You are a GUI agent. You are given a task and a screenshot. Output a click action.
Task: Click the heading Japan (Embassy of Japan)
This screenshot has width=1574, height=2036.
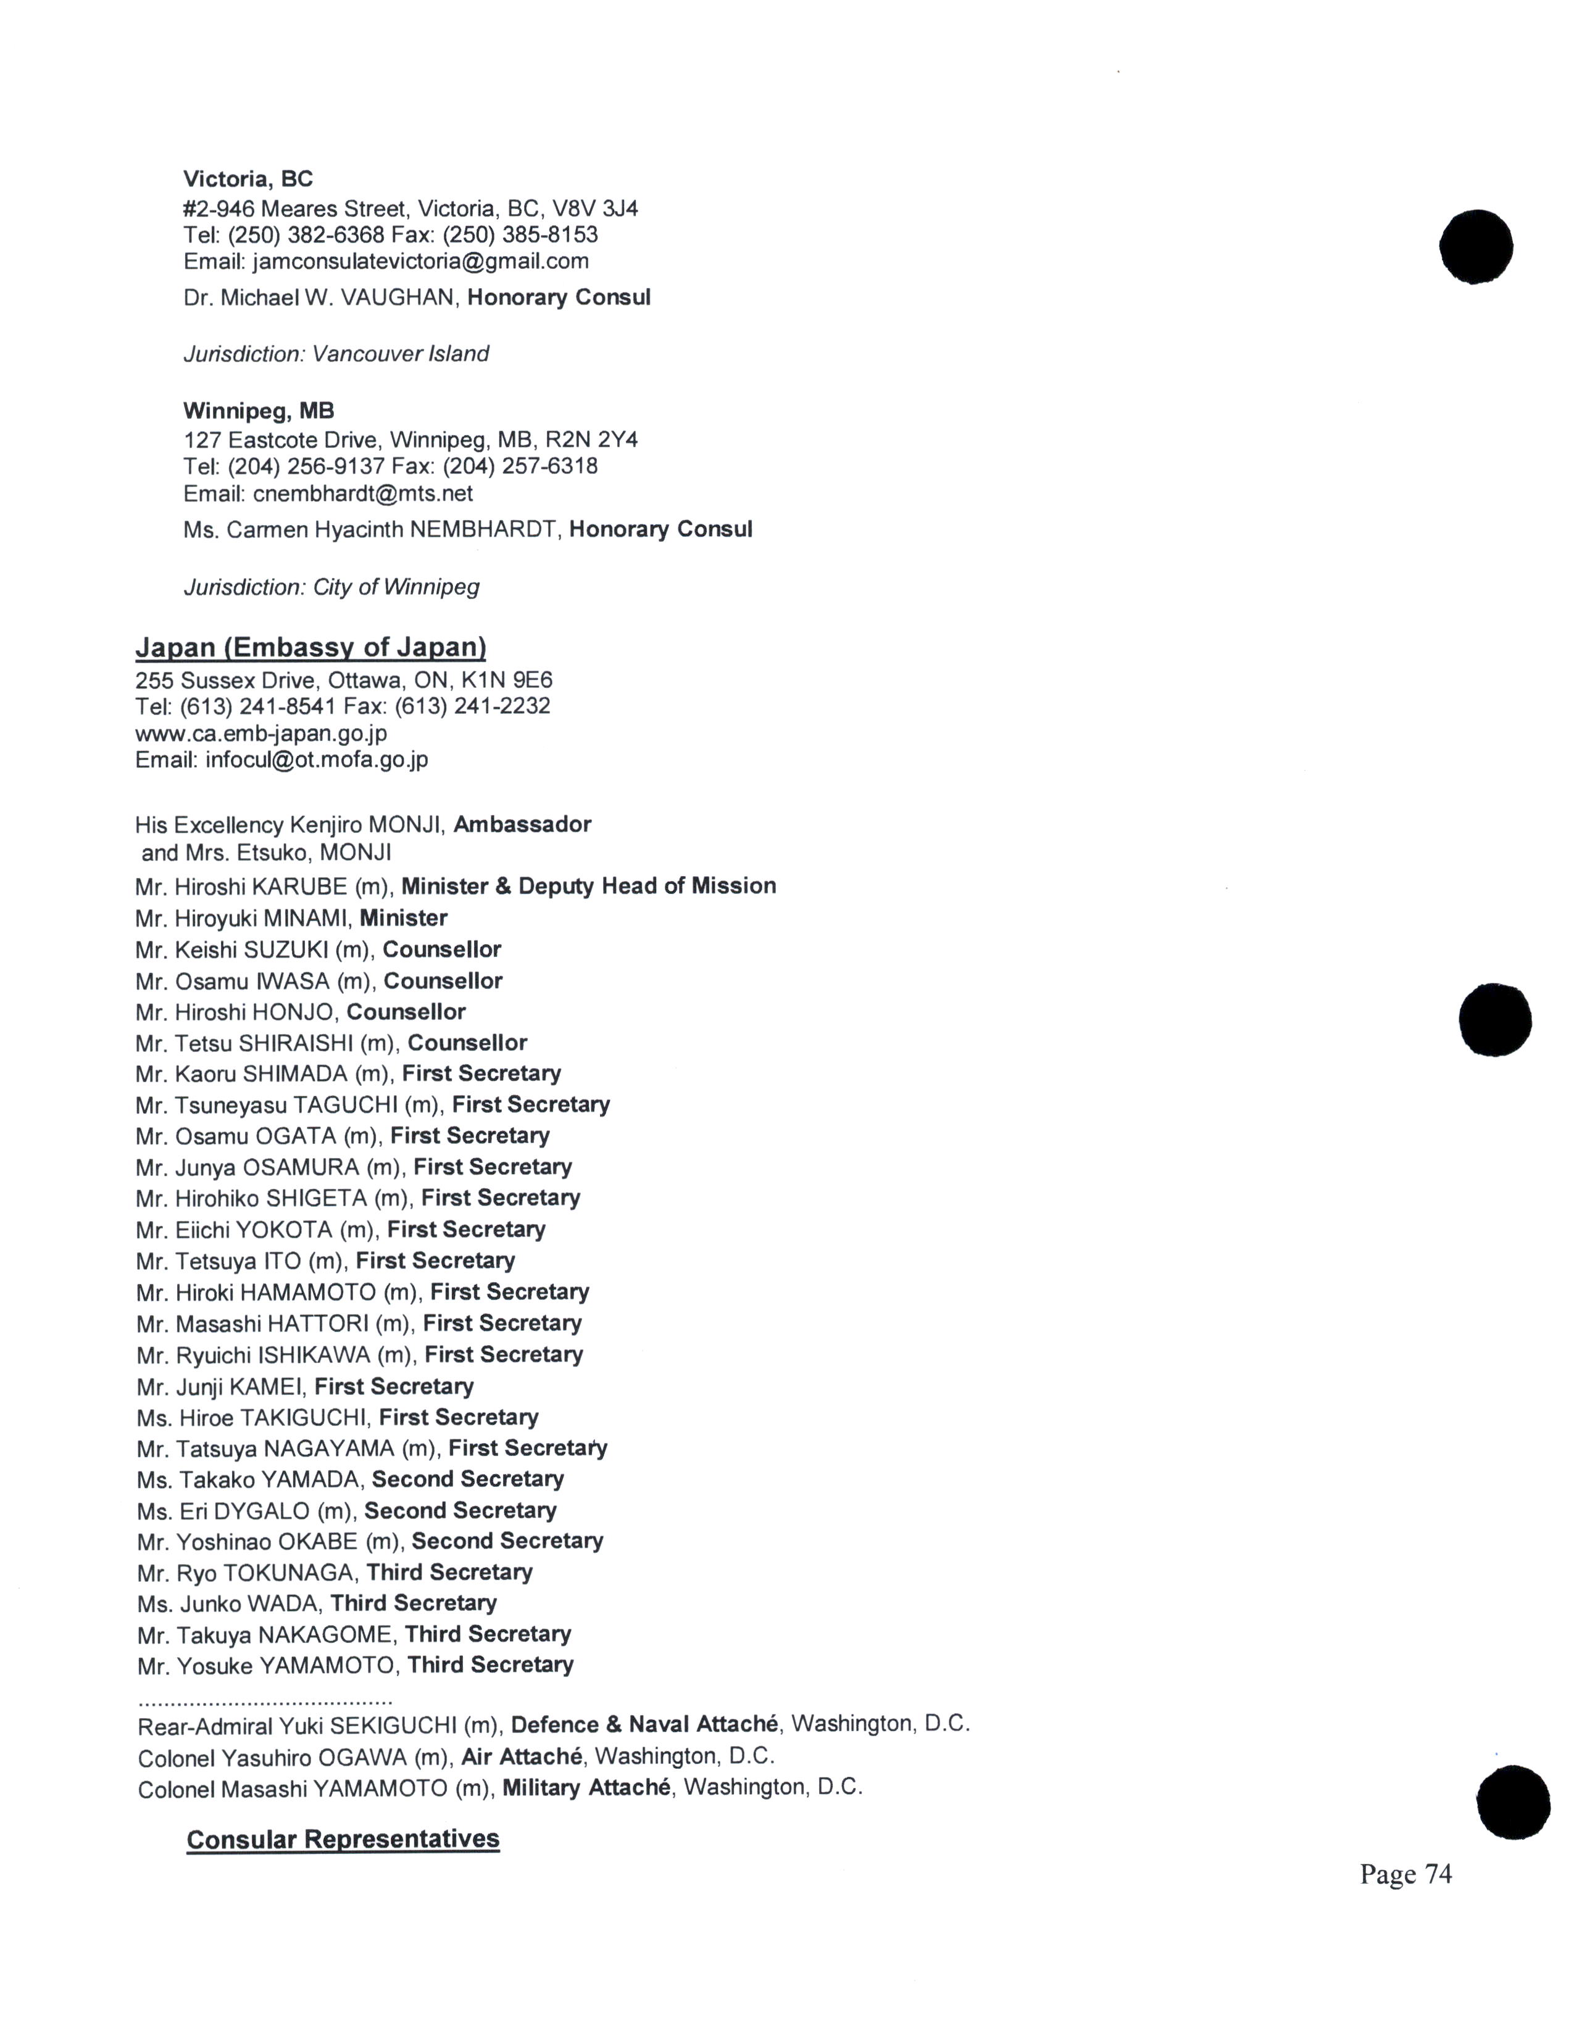310,647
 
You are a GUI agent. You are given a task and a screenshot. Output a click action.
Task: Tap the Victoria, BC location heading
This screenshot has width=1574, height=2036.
248,178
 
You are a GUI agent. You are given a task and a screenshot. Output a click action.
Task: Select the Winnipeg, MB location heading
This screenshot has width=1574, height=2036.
258,410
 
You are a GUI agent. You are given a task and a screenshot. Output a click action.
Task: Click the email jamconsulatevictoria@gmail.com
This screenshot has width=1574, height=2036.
420,261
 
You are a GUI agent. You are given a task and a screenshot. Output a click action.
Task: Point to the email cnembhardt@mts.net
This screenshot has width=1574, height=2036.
363,493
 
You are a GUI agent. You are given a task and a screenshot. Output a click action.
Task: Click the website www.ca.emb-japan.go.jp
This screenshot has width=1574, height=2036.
261,733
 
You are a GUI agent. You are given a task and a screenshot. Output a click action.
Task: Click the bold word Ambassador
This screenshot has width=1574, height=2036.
522,824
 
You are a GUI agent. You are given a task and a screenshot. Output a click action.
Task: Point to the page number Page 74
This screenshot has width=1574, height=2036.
1405,1874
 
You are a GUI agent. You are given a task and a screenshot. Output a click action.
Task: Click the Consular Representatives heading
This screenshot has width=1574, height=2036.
343,1839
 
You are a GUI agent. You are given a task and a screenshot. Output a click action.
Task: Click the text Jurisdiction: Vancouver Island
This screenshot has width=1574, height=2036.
336,354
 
